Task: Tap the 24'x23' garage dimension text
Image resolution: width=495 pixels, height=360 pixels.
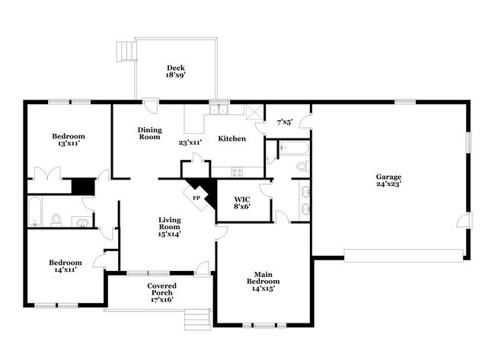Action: pos(388,183)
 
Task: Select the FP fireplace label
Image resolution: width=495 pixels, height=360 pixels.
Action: pos(196,198)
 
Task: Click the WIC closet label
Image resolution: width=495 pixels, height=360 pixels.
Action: pos(243,198)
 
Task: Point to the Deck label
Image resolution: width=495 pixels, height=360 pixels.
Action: pos(175,67)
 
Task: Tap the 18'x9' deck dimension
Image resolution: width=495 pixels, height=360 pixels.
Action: pos(175,75)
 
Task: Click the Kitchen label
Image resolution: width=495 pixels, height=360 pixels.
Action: pos(232,139)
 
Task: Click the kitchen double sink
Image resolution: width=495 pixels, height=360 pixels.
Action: pos(220,109)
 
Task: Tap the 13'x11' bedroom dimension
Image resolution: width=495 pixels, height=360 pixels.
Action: pos(69,143)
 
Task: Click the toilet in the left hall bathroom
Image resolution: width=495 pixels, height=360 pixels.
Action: pos(56,220)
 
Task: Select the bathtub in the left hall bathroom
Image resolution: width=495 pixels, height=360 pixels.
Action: pos(36,212)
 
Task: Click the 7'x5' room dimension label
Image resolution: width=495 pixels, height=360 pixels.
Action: pos(285,122)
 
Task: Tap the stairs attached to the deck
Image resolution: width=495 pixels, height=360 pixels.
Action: pos(125,51)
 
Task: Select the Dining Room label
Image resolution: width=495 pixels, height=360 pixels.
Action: pos(149,133)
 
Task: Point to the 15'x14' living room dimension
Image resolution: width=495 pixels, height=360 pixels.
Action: pos(169,234)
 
